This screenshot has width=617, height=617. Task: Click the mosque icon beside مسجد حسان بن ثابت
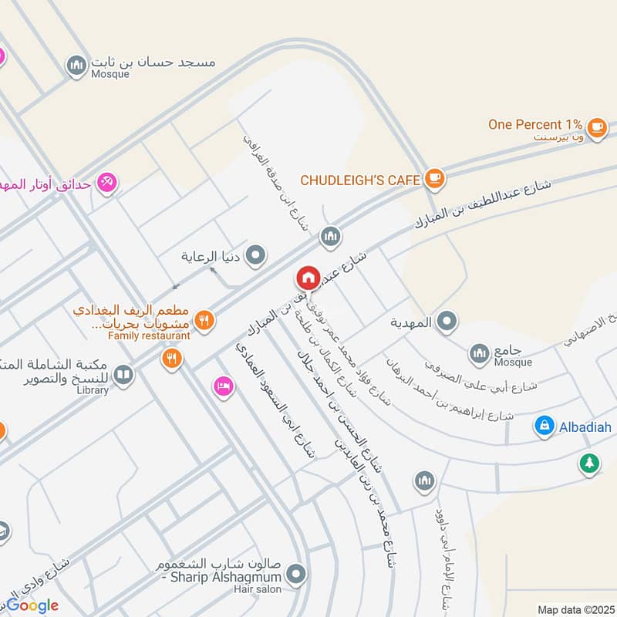[76, 66]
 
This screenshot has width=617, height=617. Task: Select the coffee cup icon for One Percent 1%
[596, 127]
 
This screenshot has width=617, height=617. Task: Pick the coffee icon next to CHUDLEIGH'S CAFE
[434, 179]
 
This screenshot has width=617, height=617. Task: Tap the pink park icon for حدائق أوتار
[106, 184]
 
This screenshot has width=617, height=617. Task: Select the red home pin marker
[308, 278]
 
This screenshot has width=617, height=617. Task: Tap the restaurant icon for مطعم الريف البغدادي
[204, 320]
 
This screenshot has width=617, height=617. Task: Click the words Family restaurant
[149, 336]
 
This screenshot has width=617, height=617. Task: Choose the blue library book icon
[123, 376]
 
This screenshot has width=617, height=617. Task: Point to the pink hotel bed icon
[223, 386]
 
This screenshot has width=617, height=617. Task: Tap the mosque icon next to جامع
[480, 353]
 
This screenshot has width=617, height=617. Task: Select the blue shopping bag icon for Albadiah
[545, 425]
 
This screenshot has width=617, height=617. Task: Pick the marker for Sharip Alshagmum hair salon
[295, 574]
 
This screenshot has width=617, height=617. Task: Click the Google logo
[32, 605]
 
